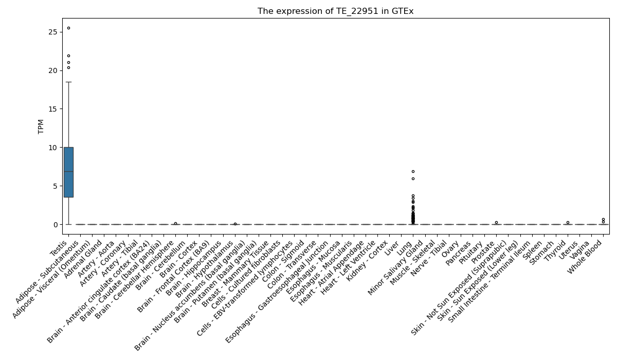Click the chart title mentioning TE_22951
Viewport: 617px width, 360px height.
coord(335,11)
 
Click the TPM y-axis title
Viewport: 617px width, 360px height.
coord(41,127)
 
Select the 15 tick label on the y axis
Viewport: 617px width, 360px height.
coord(53,109)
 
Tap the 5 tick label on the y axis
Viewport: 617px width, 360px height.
coord(56,186)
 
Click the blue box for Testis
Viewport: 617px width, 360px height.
coord(68,172)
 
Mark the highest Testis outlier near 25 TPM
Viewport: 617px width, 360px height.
coord(68,28)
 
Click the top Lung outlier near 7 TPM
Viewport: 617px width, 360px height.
coord(413,172)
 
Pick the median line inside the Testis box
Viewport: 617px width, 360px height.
coord(68,172)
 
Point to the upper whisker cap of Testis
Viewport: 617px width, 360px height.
coord(68,82)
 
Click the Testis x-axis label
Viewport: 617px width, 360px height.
coord(59,248)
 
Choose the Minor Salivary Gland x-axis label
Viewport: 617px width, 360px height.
coord(395,267)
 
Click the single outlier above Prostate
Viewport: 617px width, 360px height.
coord(496,223)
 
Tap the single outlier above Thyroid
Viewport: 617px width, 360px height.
coord(568,223)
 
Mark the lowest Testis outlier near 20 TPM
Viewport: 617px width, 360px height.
coord(68,67)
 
